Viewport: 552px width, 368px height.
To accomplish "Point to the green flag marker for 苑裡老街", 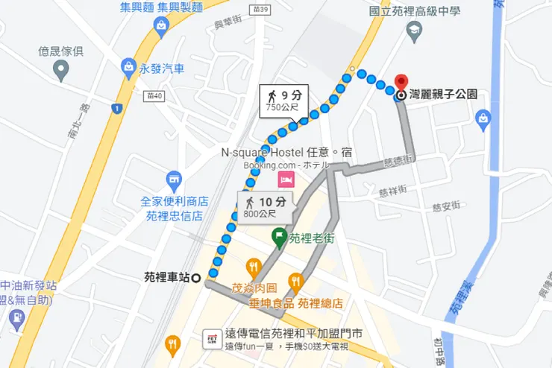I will tap(279, 238).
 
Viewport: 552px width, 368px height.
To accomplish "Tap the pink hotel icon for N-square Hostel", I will tap(284, 180).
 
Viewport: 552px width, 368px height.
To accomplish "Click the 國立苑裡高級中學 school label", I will tap(415, 10).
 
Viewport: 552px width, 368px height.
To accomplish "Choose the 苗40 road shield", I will tap(155, 95).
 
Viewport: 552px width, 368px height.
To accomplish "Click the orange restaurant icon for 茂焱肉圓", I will tap(254, 267).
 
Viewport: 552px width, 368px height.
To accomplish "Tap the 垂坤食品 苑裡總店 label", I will tap(296, 303).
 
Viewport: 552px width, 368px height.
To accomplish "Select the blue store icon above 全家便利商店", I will tap(175, 180).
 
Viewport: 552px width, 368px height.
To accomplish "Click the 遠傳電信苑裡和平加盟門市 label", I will tap(293, 334).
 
